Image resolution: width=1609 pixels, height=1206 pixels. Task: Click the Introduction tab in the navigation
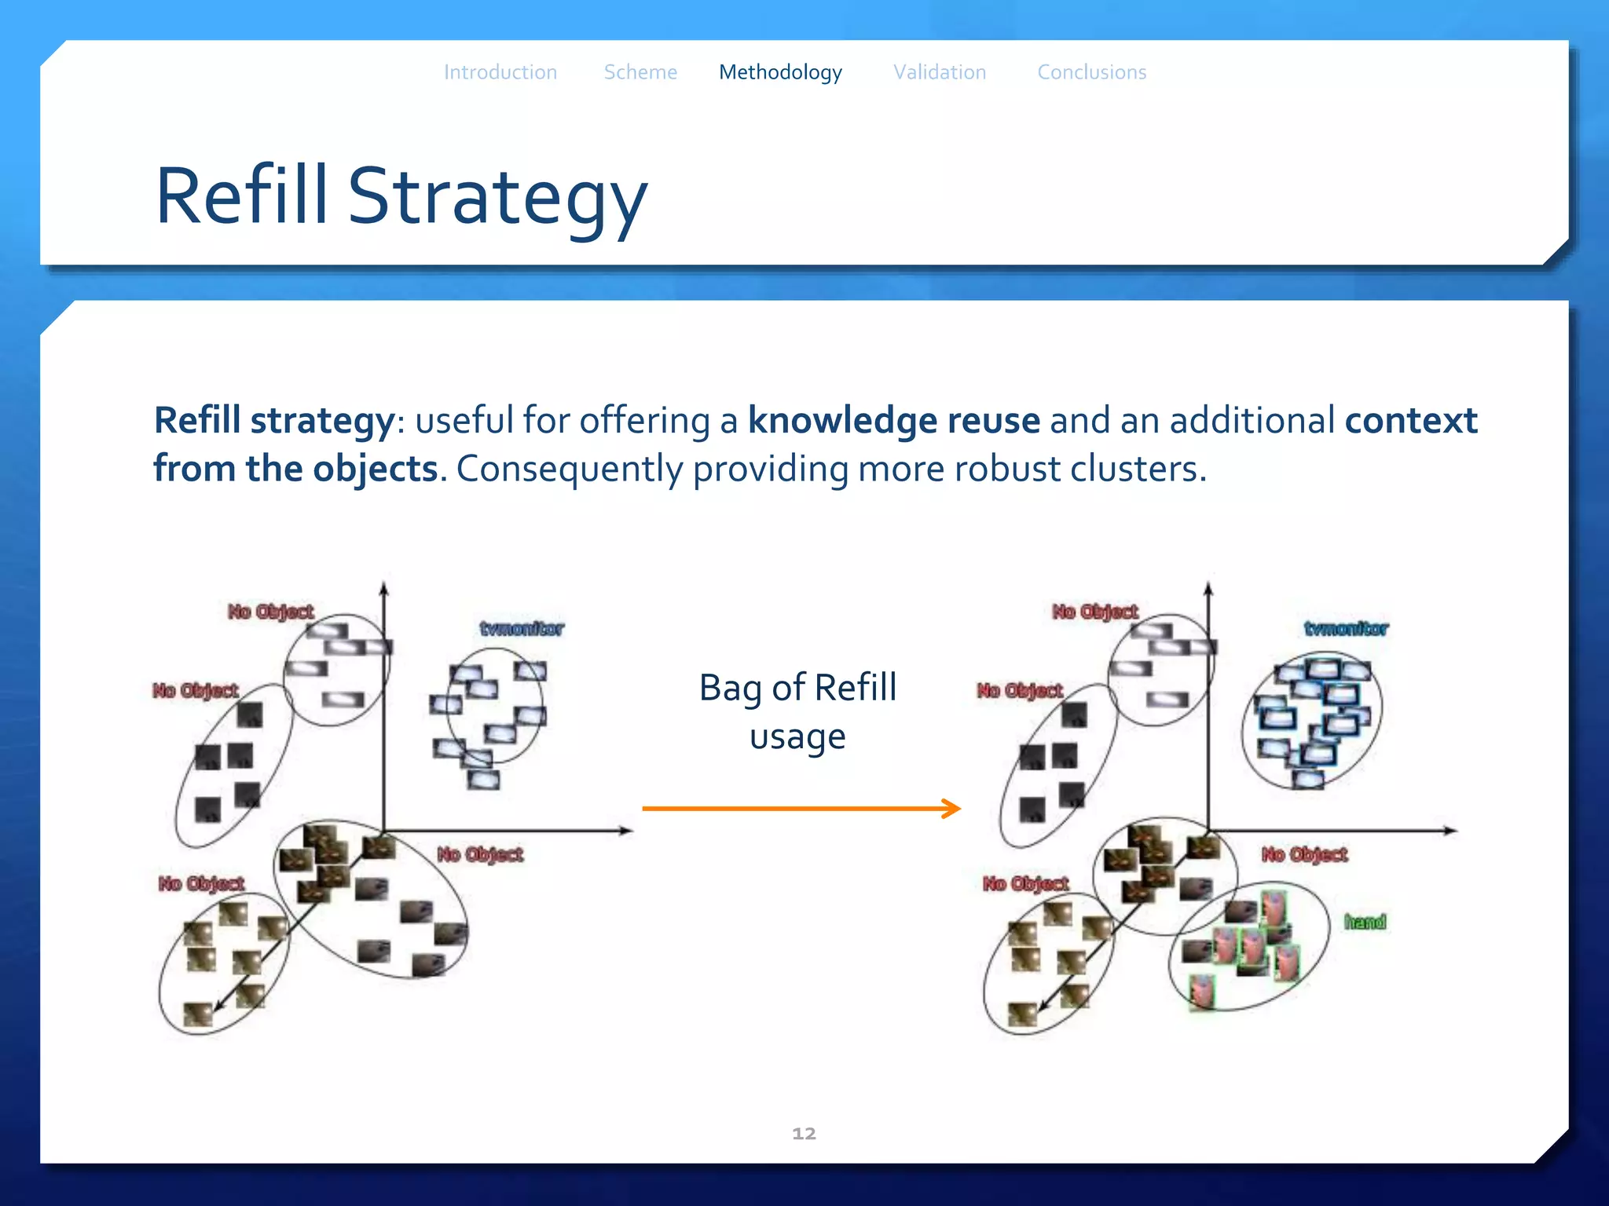[500, 72]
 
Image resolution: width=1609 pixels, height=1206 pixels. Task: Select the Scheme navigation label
[640, 72]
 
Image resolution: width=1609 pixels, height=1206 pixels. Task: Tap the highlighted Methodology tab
[780, 72]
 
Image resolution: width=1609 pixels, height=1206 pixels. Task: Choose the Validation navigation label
[940, 72]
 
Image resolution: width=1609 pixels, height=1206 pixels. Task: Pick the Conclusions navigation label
[1091, 72]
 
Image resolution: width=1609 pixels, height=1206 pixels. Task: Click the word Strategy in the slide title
[497, 196]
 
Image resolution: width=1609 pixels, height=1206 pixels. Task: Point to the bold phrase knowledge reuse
[893, 420]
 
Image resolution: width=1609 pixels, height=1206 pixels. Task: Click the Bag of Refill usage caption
[797, 711]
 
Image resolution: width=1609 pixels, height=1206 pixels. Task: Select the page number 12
[804, 1133]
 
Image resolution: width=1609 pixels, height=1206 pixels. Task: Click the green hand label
[1365, 922]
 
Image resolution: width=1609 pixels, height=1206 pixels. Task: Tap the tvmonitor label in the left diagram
[522, 628]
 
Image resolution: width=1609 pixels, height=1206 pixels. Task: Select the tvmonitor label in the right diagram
[1346, 628]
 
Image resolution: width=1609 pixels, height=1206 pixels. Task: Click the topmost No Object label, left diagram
[270, 611]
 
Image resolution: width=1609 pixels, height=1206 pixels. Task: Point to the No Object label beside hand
[1304, 853]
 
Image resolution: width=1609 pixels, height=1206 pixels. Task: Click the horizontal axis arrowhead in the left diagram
[628, 831]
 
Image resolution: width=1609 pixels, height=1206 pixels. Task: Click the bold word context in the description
[1411, 420]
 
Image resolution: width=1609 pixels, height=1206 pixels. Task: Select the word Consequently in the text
[570, 469]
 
